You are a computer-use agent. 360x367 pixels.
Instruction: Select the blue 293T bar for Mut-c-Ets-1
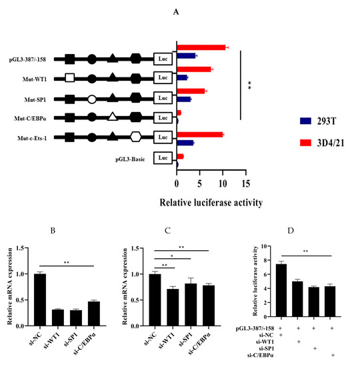[x=185, y=142]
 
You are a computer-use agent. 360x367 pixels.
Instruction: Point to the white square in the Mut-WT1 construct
[x=70, y=78]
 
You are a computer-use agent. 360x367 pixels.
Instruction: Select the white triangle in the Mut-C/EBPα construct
[x=113, y=118]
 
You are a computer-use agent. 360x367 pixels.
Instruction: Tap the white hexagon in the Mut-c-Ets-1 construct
[x=135, y=137]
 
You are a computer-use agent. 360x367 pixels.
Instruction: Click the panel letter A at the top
[x=213, y=11]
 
